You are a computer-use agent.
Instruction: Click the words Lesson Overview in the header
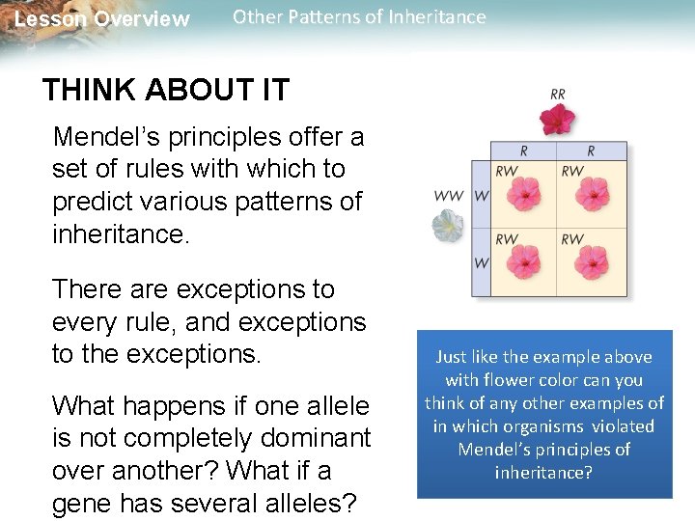(x=102, y=19)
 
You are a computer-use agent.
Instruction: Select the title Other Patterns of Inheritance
(x=359, y=16)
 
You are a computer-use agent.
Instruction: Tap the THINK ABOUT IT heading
(x=165, y=91)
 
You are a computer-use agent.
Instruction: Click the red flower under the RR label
(x=556, y=119)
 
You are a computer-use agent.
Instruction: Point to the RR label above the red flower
(x=558, y=95)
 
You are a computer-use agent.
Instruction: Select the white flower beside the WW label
(x=448, y=225)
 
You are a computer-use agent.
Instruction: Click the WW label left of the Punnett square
(x=448, y=196)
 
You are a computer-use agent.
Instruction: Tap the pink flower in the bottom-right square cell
(x=592, y=263)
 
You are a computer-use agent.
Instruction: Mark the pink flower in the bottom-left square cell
(x=524, y=263)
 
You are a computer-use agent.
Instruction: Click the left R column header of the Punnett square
(x=523, y=151)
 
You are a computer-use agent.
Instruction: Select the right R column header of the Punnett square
(x=591, y=151)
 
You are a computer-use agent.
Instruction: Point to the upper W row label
(x=480, y=196)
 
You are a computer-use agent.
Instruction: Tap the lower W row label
(x=480, y=263)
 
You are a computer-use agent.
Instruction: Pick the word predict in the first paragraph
(x=90, y=202)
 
